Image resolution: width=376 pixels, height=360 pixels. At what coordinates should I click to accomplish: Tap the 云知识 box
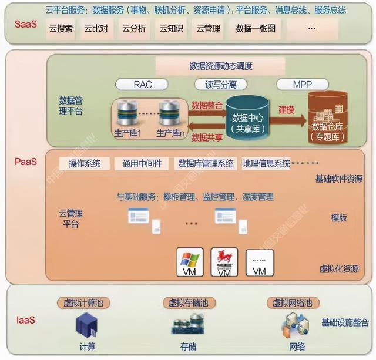tap(172, 28)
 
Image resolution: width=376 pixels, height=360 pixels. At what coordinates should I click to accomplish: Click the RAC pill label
tap(143, 85)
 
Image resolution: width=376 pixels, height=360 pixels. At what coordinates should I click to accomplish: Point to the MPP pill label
tap(303, 85)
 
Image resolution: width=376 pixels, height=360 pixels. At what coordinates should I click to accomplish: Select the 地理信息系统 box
tap(266, 163)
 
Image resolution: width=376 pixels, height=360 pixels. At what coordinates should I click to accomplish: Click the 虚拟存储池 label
tap(186, 303)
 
